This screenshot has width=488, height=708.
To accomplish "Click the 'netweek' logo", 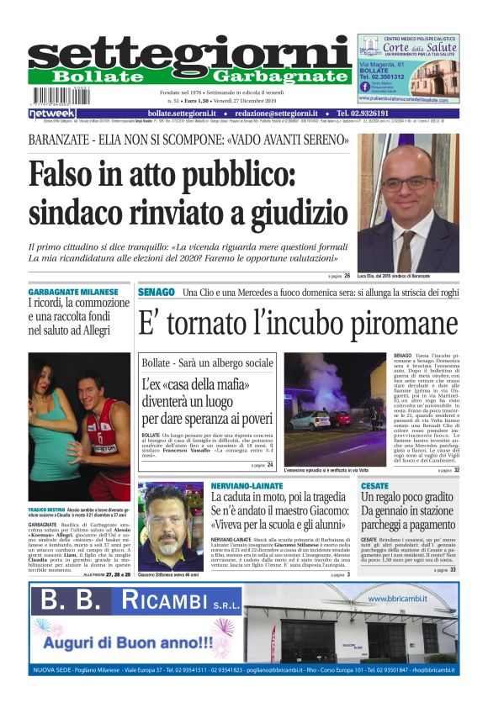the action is [x=51, y=113].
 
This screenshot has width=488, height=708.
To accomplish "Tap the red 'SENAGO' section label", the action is [x=156, y=291].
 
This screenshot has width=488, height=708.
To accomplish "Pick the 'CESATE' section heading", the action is [x=374, y=486].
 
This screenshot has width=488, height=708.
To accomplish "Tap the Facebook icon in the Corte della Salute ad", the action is [x=364, y=87].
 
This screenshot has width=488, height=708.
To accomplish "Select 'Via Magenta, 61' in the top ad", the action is [x=383, y=64].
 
